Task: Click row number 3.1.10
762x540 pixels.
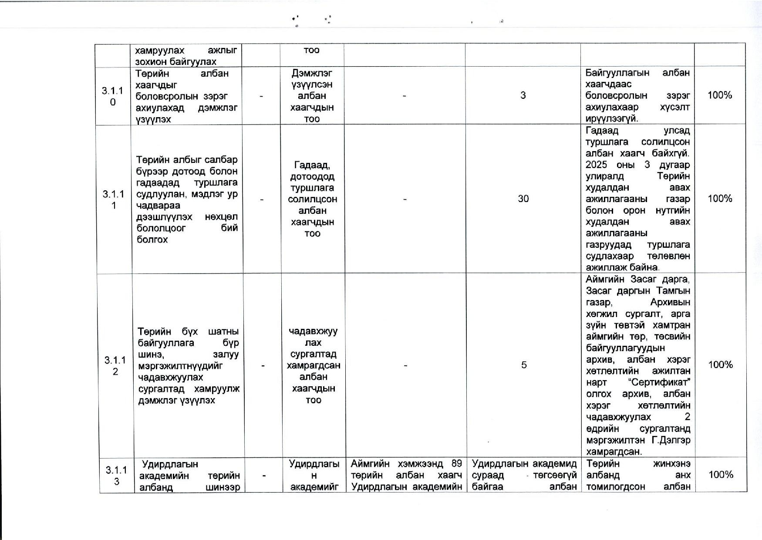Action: (112, 96)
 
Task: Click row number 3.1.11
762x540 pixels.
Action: (113, 199)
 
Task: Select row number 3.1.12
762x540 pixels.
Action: (115, 365)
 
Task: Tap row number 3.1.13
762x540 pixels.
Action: (116, 475)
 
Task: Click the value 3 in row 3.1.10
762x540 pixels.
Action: (523, 95)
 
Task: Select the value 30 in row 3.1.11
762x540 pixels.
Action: (523, 199)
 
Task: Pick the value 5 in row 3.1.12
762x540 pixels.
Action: (524, 365)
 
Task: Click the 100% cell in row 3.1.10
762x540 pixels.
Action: (720, 95)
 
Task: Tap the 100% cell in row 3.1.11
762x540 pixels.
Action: (720, 199)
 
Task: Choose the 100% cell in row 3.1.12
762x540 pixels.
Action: (721, 365)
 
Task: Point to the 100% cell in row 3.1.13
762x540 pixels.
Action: (721, 475)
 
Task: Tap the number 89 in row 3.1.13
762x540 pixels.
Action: (456, 463)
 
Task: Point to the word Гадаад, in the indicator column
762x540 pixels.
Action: (312, 165)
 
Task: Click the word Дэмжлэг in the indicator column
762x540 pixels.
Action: (312, 73)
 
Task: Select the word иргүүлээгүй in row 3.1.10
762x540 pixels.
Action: (612, 118)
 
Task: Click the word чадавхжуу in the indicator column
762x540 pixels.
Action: (313, 331)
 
